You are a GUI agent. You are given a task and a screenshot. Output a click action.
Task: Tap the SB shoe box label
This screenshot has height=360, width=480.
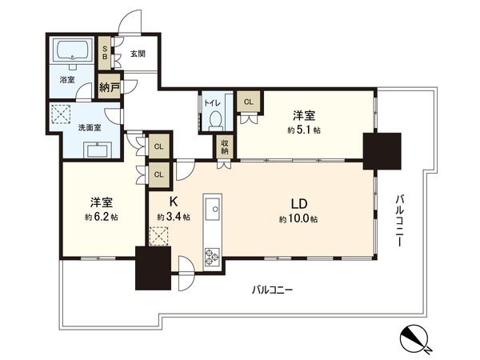tap(105, 53)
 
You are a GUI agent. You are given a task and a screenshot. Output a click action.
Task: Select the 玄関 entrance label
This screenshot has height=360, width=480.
tap(138, 54)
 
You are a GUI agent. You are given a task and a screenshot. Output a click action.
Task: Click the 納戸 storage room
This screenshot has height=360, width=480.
tap(110, 86)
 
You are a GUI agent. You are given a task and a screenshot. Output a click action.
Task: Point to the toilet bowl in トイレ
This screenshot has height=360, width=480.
tap(216, 119)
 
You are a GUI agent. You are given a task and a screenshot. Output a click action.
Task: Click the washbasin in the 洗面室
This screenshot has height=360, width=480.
tap(98, 150)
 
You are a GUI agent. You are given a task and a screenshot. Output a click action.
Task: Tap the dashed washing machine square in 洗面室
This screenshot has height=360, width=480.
tap(61, 114)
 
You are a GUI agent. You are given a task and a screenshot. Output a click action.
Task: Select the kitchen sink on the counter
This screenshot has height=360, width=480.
tap(213, 209)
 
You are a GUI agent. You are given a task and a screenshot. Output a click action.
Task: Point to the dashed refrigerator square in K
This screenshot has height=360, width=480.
tap(159, 236)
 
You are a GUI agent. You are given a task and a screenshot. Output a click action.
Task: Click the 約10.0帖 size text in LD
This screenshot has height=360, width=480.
tap(298, 219)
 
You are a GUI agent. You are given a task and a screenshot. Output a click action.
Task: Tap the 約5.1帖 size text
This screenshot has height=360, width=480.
tap(304, 130)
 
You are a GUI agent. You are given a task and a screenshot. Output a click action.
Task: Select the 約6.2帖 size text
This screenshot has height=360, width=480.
tap(102, 218)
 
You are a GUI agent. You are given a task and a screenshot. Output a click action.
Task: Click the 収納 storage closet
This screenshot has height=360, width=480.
tap(225, 146)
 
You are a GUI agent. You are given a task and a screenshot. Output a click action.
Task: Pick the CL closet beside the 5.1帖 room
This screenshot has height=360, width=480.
tap(249, 102)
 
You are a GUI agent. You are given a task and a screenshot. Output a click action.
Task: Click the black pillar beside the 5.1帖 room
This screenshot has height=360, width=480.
tap(382, 151)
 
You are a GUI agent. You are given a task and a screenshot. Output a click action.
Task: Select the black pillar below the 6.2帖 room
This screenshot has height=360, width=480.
tap(153, 268)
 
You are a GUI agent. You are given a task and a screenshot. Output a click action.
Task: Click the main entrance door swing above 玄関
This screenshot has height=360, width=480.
tap(130, 22)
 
